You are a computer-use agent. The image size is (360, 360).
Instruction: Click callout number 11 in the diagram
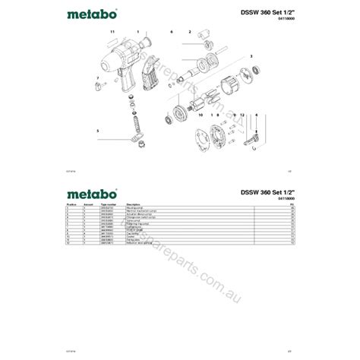(112, 32)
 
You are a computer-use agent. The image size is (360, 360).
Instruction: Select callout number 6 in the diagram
(172, 32)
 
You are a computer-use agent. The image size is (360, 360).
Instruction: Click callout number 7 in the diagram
(97, 78)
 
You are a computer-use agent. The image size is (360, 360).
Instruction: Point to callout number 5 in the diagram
(97, 131)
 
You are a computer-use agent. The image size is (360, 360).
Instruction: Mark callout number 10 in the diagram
(201, 115)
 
